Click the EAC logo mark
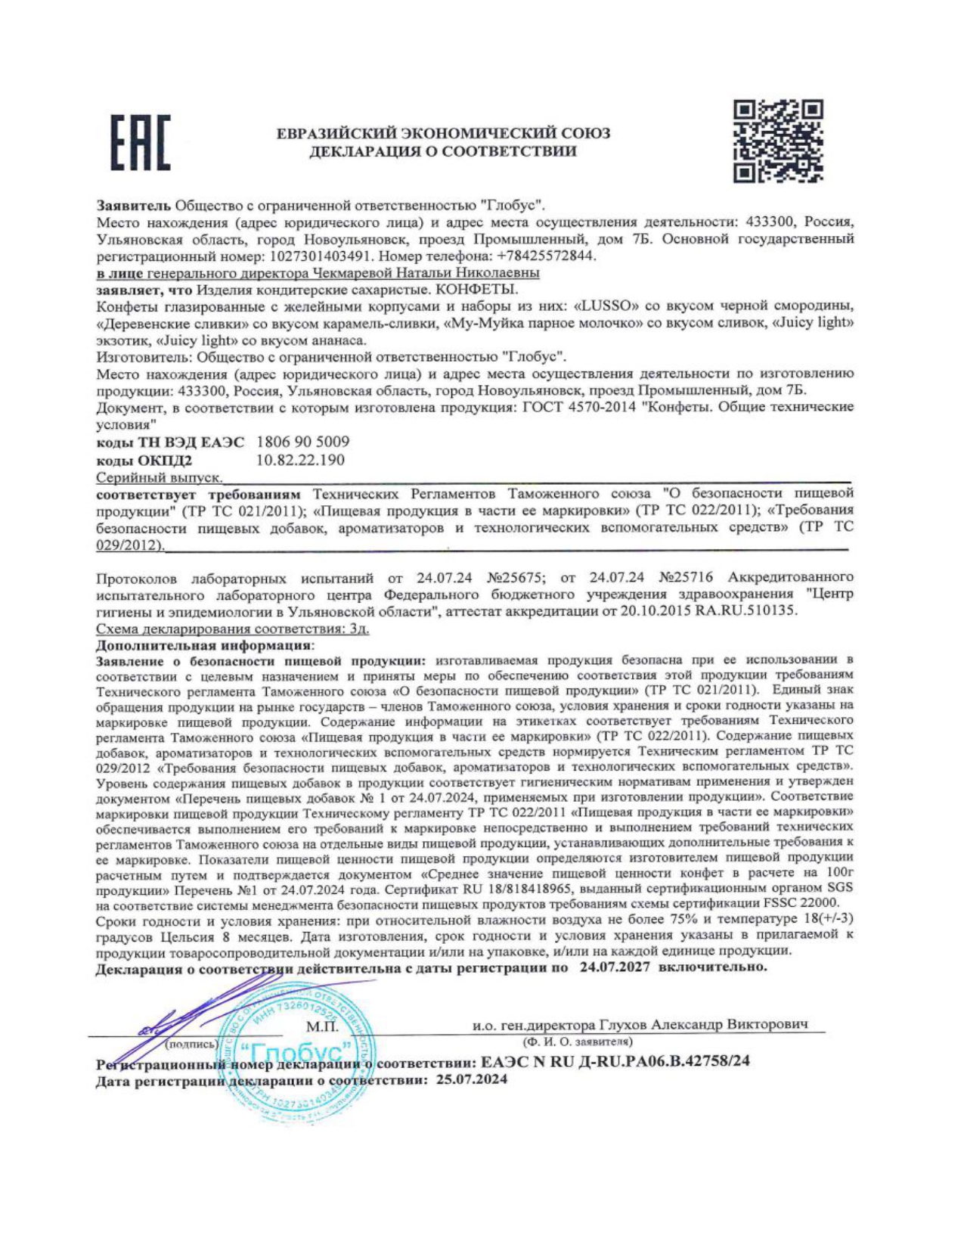point(141,142)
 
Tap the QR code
point(777,141)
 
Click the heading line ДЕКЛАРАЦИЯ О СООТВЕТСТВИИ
point(442,151)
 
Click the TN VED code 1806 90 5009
point(303,442)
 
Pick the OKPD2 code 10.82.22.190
point(300,460)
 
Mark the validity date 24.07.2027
point(615,967)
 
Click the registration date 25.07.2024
point(471,1079)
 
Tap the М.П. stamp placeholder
point(322,1026)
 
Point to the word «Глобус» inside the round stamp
point(297,1052)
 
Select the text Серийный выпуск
point(159,478)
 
